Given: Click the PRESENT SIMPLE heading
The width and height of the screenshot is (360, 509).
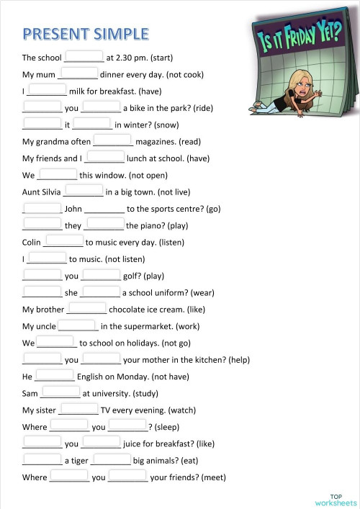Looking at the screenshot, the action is click(86, 34).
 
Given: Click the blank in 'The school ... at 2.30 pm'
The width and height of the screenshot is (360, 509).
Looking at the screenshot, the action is click(84, 56).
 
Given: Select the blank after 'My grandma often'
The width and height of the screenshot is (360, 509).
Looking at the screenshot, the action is click(112, 140).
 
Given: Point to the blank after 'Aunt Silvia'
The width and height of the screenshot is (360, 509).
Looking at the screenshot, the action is click(84, 191).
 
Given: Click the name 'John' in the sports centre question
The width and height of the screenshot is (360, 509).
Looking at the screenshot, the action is click(73, 209).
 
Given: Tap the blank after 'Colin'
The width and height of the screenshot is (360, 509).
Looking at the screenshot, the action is click(63, 241).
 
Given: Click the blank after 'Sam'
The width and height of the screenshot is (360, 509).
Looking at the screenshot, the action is click(60, 392).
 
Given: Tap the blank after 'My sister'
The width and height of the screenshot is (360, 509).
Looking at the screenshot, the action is click(78, 409).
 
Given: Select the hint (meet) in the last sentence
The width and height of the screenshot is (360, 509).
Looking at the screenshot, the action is click(215, 477).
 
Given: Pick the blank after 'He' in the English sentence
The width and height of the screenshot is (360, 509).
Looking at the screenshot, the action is click(55, 376).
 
